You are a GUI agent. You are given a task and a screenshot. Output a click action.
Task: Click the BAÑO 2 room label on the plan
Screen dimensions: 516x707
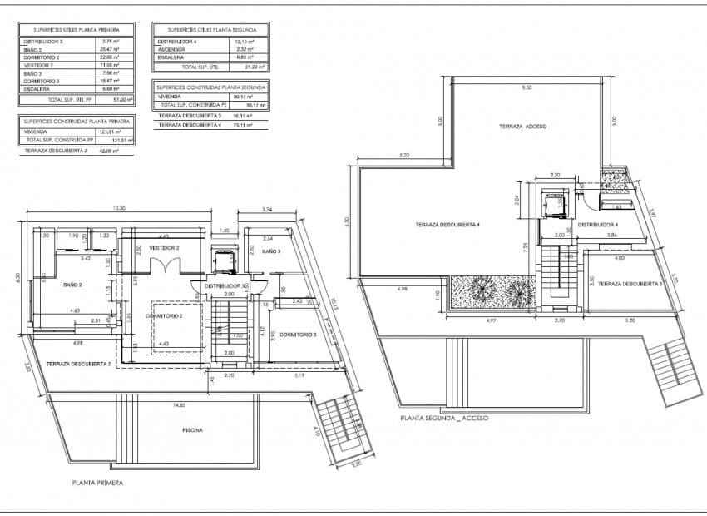click(x=72, y=285)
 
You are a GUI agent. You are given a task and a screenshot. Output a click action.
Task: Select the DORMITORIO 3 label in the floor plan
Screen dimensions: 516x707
click(x=298, y=335)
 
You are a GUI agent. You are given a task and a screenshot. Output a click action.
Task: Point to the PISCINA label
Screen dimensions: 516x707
click(x=193, y=430)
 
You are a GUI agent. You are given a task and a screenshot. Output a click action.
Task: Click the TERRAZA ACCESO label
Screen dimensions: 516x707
click(x=522, y=126)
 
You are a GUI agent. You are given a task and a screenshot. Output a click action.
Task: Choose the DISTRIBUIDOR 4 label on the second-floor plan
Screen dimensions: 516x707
click(x=598, y=225)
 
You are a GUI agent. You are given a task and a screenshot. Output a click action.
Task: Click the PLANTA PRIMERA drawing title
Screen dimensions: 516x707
click(x=98, y=482)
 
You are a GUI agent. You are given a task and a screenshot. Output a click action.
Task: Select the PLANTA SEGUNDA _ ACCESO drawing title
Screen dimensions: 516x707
click(x=443, y=418)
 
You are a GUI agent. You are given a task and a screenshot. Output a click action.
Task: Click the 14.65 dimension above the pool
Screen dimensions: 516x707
click(x=179, y=405)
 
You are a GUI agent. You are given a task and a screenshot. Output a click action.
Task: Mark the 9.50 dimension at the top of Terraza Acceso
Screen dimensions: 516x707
click(x=526, y=87)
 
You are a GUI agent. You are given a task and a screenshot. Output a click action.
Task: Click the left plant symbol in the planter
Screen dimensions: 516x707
click(x=482, y=291)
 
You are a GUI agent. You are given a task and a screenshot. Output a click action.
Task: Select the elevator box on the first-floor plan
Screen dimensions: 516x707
click(x=224, y=260)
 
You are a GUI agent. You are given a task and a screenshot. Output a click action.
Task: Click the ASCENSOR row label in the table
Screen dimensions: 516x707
click(x=171, y=49)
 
